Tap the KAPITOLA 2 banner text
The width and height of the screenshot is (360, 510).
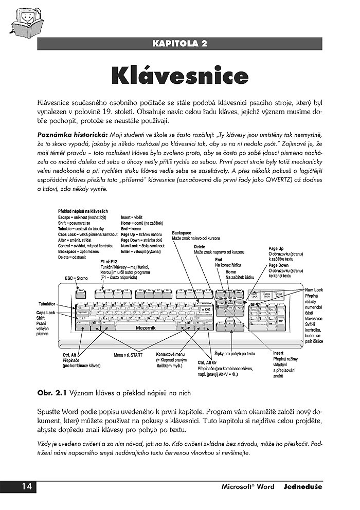click(x=179, y=43)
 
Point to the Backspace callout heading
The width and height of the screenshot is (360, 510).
click(x=182, y=233)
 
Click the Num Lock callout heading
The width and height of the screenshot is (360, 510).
click(x=314, y=290)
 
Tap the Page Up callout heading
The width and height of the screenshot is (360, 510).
click(x=276, y=248)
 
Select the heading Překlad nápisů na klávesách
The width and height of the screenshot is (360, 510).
click(x=83, y=212)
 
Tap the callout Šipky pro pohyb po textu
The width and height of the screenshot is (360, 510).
click(x=235, y=354)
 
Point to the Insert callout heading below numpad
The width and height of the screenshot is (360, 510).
click(x=278, y=353)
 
